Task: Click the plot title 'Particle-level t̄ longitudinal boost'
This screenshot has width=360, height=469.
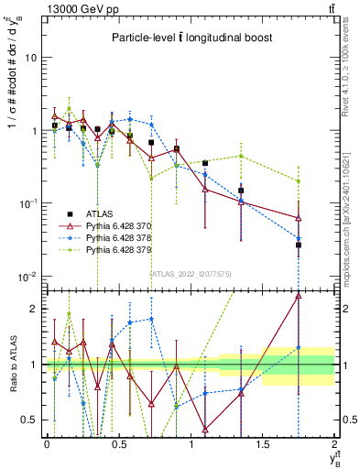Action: point(189,38)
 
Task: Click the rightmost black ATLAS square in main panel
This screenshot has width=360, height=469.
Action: point(299,245)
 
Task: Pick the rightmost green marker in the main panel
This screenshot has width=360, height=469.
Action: point(299,180)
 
